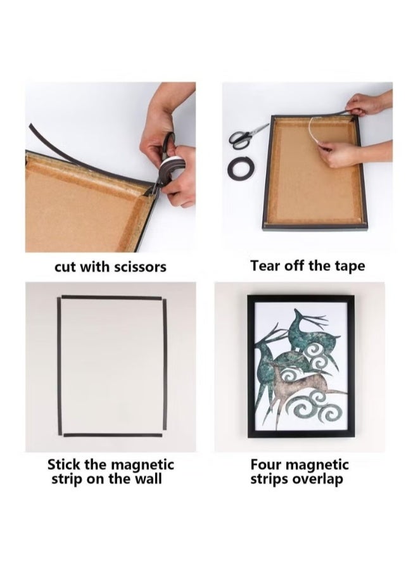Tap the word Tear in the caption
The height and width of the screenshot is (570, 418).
265,265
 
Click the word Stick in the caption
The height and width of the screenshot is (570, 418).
64,465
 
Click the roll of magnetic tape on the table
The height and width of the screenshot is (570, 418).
241,168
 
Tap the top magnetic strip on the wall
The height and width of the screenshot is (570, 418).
111,298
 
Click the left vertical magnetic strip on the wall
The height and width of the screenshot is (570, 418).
60,367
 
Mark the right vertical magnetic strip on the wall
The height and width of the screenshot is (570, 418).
165,367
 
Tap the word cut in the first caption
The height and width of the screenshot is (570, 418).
65,267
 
